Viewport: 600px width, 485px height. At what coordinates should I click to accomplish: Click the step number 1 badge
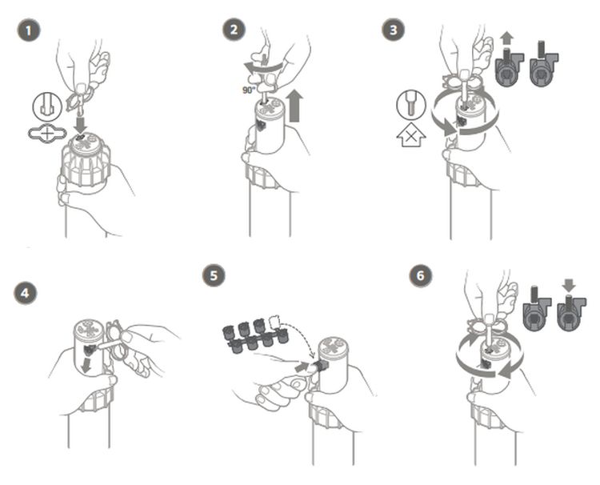pyautogui.click(x=29, y=30)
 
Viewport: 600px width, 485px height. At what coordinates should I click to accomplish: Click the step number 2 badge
pyautogui.click(x=234, y=30)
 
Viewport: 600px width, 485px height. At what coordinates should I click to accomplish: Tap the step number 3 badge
pyautogui.click(x=394, y=30)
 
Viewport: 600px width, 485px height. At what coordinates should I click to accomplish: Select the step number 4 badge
pyautogui.click(x=26, y=293)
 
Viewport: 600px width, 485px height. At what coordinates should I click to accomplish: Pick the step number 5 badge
pyautogui.click(x=214, y=275)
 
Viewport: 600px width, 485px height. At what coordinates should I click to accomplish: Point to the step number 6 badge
pyautogui.click(x=421, y=275)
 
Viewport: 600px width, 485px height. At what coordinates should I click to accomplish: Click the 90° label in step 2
pyautogui.click(x=249, y=90)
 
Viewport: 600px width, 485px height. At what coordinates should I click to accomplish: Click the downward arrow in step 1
pyautogui.click(x=80, y=125)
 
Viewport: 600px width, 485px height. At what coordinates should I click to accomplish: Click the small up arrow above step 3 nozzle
pyautogui.click(x=506, y=39)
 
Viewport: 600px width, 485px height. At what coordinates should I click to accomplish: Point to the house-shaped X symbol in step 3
pyautogui.click(x=410, y=136)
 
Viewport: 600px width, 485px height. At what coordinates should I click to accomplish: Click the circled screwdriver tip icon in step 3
pyautogui.click(x=411, y=105)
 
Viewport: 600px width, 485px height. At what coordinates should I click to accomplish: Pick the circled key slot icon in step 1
pyautogui.click(x=47, y=106)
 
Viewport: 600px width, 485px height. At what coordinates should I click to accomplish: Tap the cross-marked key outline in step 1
pyautogui.click(x=47, y=134)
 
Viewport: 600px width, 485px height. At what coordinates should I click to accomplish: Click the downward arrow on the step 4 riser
pyautogui.click(x=88, y=364)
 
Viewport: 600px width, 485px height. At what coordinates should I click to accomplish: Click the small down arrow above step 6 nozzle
pyautogui.click(x=569, y=286)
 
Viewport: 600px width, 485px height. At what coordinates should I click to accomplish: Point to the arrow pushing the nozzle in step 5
pyautogui.click(x=304, y=367)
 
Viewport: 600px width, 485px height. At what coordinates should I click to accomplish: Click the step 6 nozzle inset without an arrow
pyautogui.click(x=537, y=311)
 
